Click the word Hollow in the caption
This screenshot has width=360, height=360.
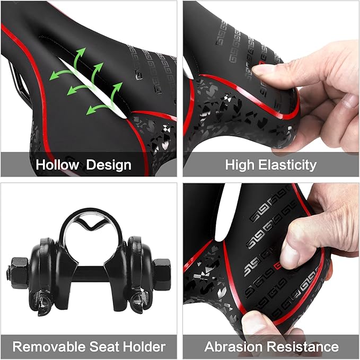click(57, 165)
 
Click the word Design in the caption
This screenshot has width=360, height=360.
click(109, 165)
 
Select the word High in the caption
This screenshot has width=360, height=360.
click(240, 165)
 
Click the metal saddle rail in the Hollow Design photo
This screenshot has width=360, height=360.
click(14, 82)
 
